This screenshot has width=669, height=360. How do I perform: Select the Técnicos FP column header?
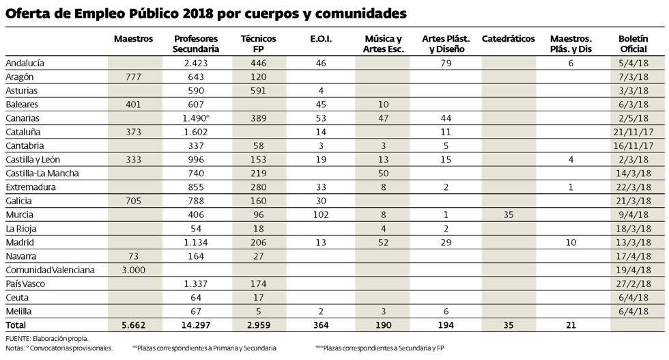pyautogui.click(x=259, y=44)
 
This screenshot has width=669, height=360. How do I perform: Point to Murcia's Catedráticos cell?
pyautogui.click(x=509, y=214)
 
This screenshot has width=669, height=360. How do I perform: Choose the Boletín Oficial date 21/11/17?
pyautogui.click(x=638, y=132)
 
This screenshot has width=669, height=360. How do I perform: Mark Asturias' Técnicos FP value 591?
pyautogui.click(x=259, y=90)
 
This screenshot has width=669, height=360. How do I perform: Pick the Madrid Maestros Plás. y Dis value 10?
pyautogui.click(x=571, y=243)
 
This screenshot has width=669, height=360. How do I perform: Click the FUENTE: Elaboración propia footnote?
pyautogui.click(x=46, y=338)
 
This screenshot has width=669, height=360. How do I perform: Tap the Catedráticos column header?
pyautogui.click(x=508, y=40)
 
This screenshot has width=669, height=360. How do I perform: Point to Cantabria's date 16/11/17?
pyautogui.click(x=638, y=146)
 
